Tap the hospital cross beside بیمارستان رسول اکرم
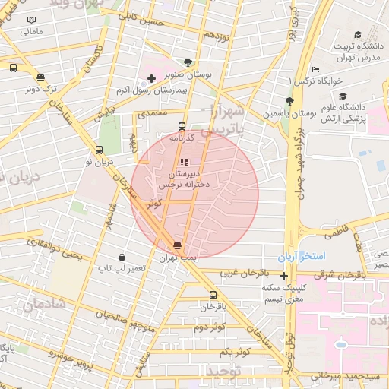pos(151,78)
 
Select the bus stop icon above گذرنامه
pos(181,126)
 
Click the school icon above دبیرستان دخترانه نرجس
pos(184,160)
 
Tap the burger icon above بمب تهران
pos(177,245)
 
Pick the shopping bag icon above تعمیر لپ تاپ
pos(122,257)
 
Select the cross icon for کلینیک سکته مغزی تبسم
pos(284,275)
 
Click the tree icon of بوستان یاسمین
pos(289,101)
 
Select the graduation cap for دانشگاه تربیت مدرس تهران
pos(358,34)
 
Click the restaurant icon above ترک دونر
pos(40,77)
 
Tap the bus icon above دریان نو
pos(99,150)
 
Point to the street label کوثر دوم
pos(210,327)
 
